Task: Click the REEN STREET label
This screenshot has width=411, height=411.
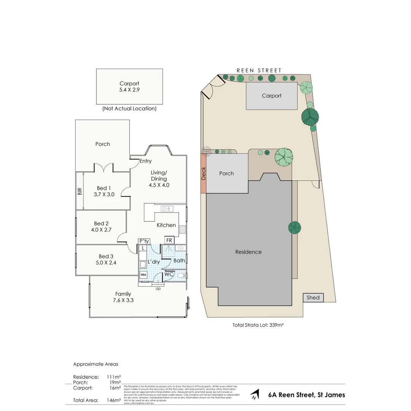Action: click(259, 70)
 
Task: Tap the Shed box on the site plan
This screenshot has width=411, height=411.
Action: click(313, 298)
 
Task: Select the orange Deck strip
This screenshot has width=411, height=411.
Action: click(203, 174)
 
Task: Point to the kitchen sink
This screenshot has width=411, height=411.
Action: click(167, 209)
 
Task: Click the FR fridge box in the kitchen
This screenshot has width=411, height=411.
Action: click(169, 241)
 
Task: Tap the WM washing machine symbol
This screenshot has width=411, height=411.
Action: click(143, 274)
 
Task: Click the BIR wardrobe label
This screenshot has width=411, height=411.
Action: click(80, 191)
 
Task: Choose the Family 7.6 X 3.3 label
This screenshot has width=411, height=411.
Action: click(123, 297)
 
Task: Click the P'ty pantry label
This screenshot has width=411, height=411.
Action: click(144, 241)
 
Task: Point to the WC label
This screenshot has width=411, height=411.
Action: click(169, 274)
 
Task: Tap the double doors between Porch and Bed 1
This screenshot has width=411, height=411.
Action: click(103, 168)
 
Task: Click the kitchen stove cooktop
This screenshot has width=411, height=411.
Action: click(182, 229)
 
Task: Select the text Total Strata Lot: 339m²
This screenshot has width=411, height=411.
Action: click(259, 325)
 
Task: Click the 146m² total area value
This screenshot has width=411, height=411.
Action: click(114, 400)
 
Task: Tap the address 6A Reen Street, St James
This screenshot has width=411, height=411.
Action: click(306, 395)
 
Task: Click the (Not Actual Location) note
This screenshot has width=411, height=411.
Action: click(129, 108)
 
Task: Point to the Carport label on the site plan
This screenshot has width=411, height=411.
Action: click(271, 96)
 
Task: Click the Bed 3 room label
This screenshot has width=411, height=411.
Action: click(106, 260)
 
